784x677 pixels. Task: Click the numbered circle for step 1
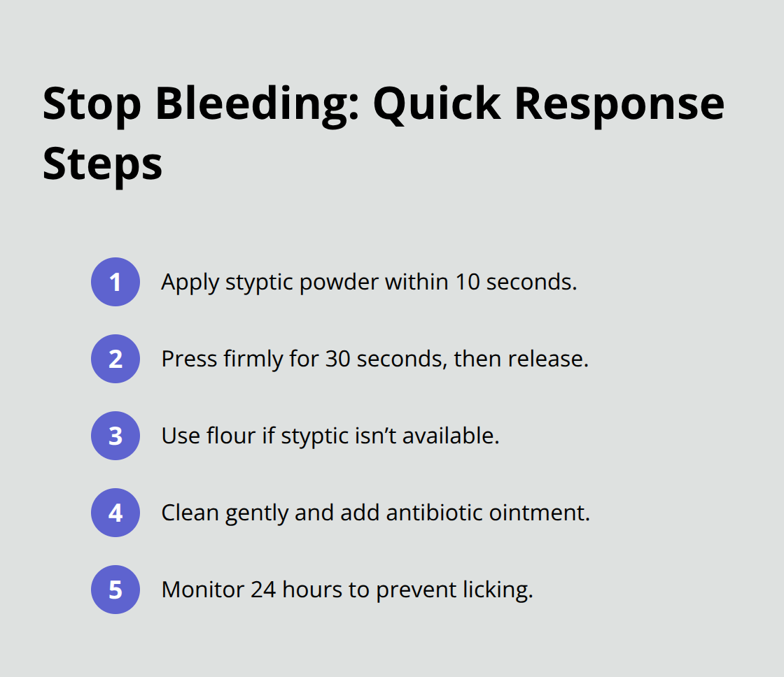pyautogui.click(x=115, y=282)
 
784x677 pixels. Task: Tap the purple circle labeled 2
pyautogui.click(x=115, y=359)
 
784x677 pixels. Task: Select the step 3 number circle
pyautogui.click(x=115, y=436)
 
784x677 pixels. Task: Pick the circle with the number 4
pyautogui.click(x=115, y=513)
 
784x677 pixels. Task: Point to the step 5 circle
pyautogui.click(x=115, y=590)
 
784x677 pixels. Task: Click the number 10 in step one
pyautogui.click(x=468, y=282)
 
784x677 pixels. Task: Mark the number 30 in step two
pyautogui.click(x=337, y=359)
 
